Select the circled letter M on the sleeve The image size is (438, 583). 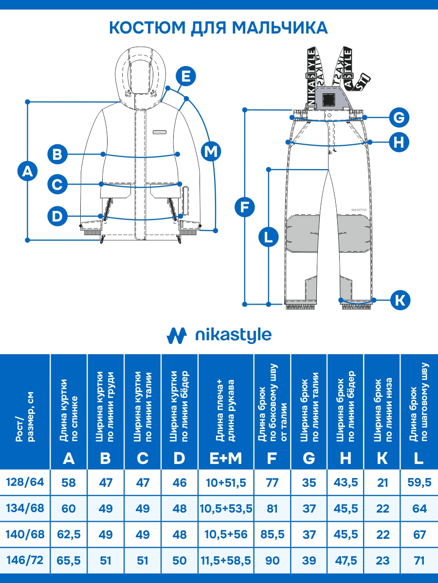[x=210, y=152]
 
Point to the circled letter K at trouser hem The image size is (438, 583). [x=400, y=300]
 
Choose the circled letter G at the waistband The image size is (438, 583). [x=399, y=118]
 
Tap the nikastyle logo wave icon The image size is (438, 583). [x=177, y=335]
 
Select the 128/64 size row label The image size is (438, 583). [x=25, y=482]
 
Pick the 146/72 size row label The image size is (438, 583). [x=25, y=560]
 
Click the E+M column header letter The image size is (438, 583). [x=226, y=458]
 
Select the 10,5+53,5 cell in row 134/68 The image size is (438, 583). [x=226, y=509]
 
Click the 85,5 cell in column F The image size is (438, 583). [x=273, y=534]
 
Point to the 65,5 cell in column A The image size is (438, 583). [x=69, y=560]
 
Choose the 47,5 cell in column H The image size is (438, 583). [x=346, y=560]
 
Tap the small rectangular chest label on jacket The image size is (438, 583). [x=159, y=132]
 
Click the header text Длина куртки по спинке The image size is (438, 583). [x=69, y=411]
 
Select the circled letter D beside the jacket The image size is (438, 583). [x=58, y=216]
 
